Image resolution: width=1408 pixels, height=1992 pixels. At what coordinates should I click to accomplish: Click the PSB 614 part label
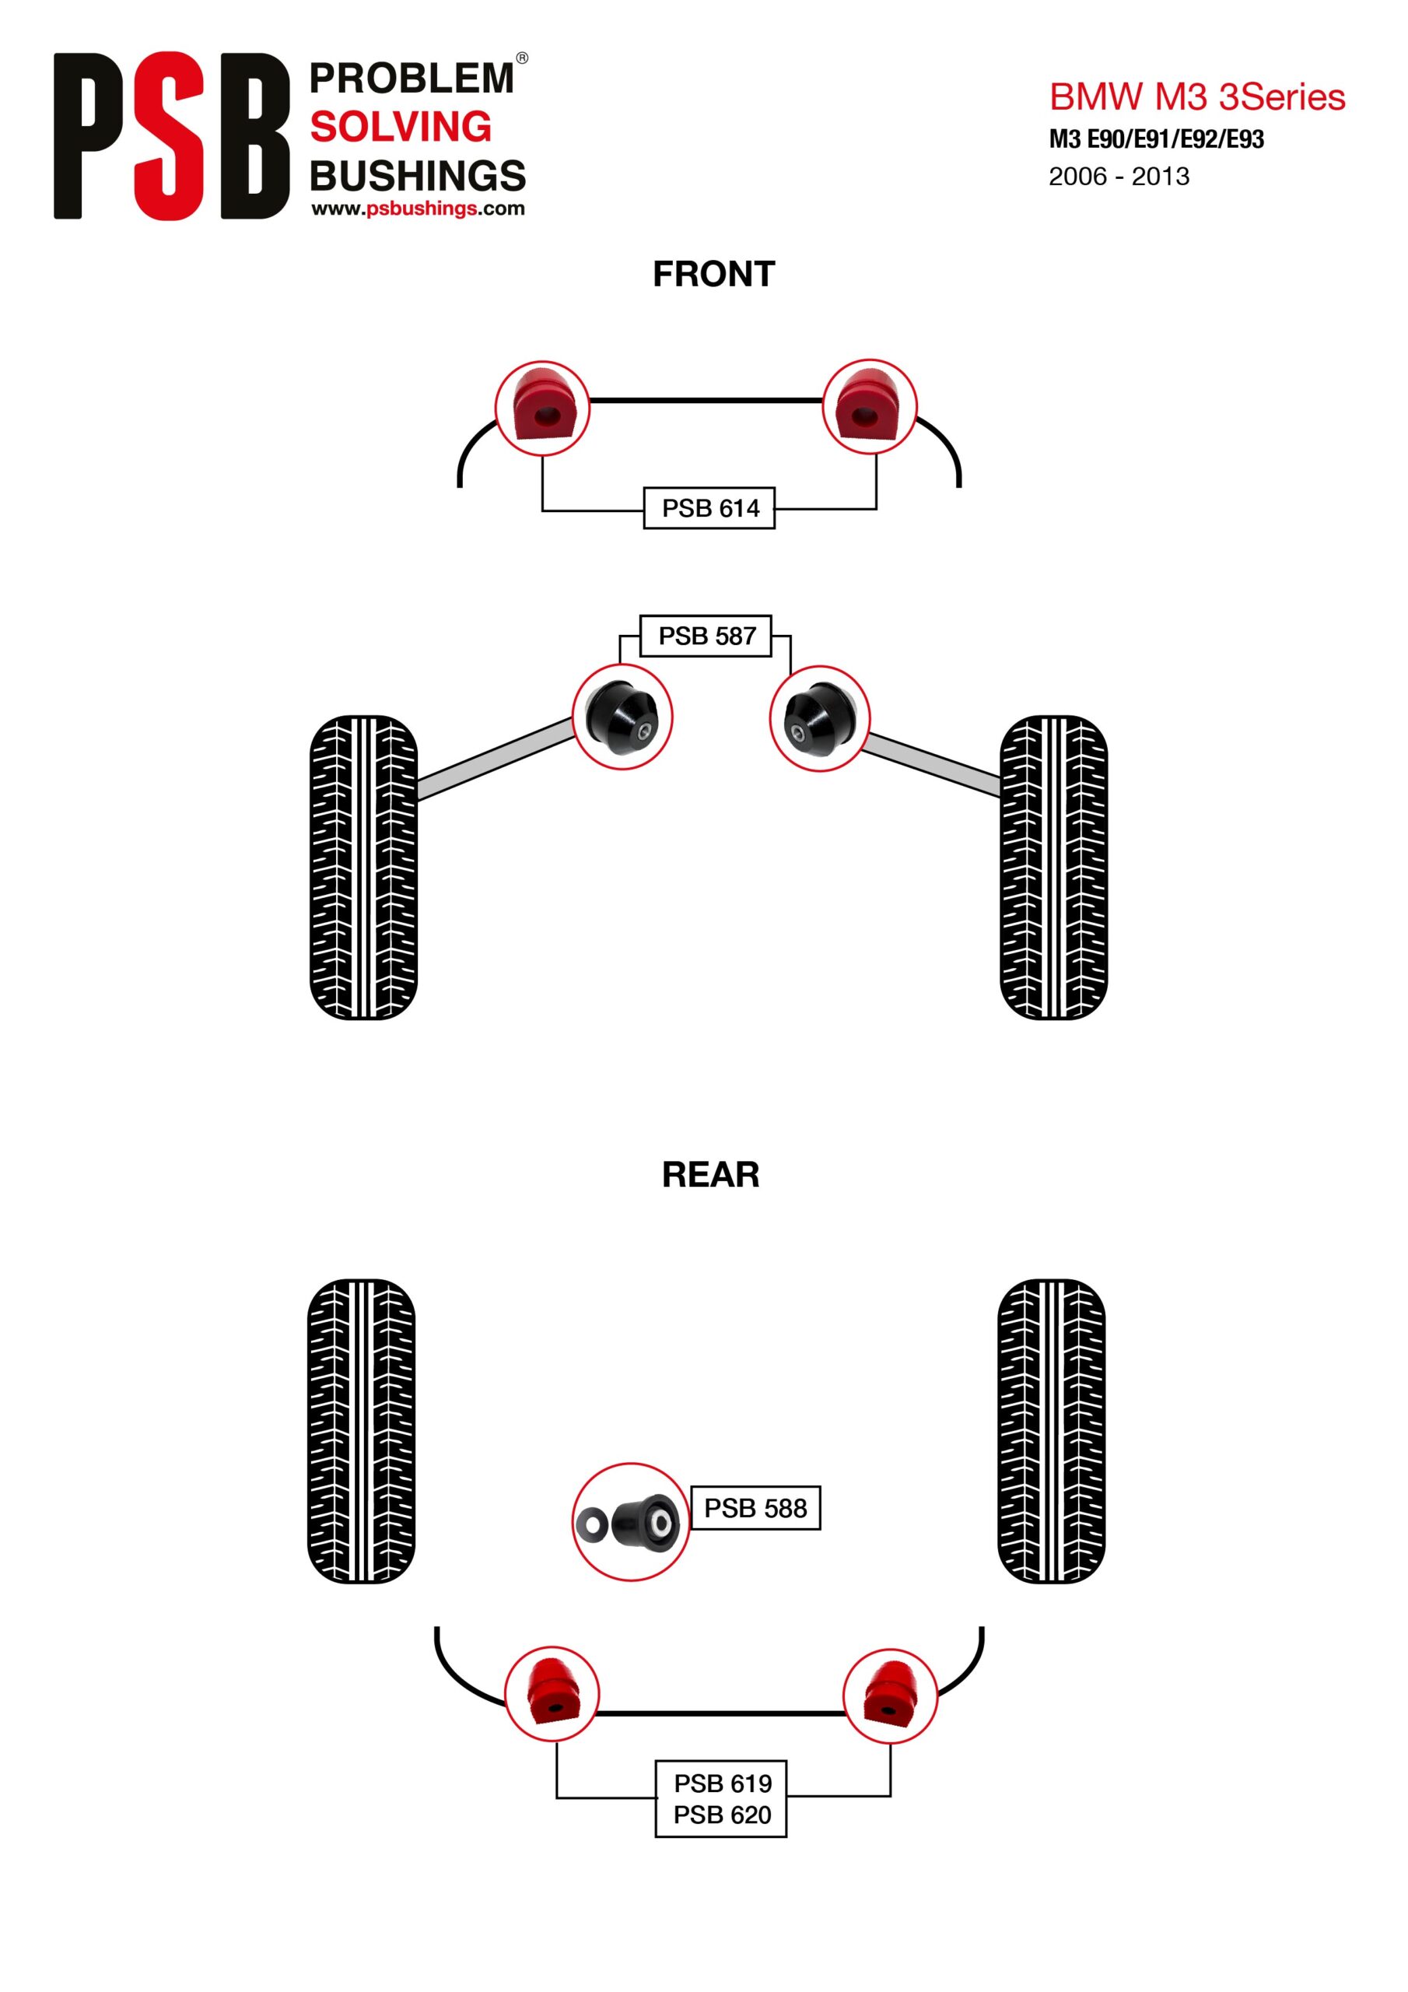pyautogui.click(x=709, y=507)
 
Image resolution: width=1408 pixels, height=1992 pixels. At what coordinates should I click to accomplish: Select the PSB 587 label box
pyautogui.click(x=706, y=636)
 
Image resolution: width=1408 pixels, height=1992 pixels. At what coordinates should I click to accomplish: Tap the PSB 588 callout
pyautogui.click(x=755, y=1508)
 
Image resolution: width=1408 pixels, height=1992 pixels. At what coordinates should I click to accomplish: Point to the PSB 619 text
pyautogui.click(x=723, y=1783)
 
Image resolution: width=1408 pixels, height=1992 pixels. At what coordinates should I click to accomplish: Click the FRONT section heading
pyautogui.click(x=713, y=274)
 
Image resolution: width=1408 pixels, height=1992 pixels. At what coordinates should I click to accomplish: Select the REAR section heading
pyautogui.click(x=710, y=1175)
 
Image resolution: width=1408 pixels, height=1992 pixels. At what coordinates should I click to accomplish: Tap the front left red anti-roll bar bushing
pyautogui.click(x=542, y=408)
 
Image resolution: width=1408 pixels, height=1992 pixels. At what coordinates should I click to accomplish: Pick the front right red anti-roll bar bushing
pyautogui.click(x=869, y=406)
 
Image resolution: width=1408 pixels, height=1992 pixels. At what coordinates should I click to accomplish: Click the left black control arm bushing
pyautogui.click(x=622, y=717)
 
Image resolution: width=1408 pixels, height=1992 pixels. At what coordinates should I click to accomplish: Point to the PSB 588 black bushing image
pyautogui.click(x=631, y=1522)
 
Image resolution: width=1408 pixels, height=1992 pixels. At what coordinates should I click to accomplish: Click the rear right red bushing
pyautogui.click(x=890, y=1696)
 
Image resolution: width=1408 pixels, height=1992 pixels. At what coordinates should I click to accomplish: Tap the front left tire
pyautogui.click(x=363, y=868)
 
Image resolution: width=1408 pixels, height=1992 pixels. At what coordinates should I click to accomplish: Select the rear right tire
pyautogui.click(x=1052, y=1432)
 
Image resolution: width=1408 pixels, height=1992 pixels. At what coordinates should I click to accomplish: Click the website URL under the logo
pyautogui.click(x=419, y=209)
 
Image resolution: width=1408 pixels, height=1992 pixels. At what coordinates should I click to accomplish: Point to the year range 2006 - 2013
pyautogui.click(x=1119, y=176)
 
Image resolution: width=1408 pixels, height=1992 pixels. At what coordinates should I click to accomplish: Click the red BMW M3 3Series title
pyautogui.click(x=1197, y=97)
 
